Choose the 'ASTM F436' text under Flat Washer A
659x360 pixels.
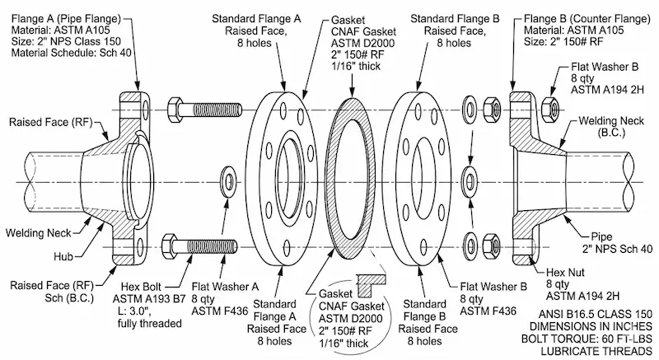[217, 312]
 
